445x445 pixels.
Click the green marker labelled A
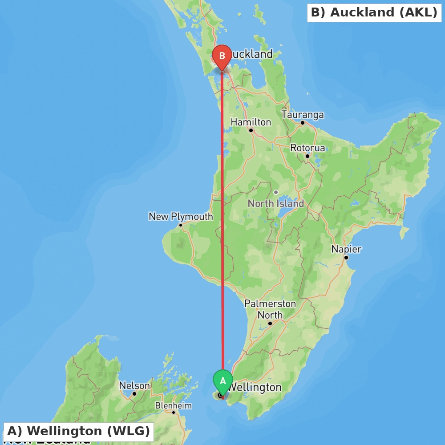coord(223,381)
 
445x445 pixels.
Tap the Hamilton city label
coord(251,122)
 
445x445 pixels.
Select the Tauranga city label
coord(303,115)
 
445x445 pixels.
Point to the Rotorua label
coord(307,148)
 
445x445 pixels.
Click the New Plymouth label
coord(181,217)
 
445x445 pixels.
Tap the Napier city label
coord(346,249)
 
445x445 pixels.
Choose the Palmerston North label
coord(270,309)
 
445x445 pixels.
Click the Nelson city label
coord(134,386)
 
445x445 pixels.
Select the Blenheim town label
coord(173,406)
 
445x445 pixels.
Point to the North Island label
coord(276,203)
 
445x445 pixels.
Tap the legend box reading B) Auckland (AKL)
coord(374,12)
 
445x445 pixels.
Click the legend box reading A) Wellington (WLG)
coord(78,431)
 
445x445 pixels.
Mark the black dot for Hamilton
coord(251,130)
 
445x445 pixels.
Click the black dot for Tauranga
coord(303,123)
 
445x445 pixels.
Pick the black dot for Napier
coord(346,258)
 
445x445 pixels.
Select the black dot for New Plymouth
coord(181,225)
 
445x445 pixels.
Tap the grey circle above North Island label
coord(276,192)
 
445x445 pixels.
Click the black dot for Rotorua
coord(307,156)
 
